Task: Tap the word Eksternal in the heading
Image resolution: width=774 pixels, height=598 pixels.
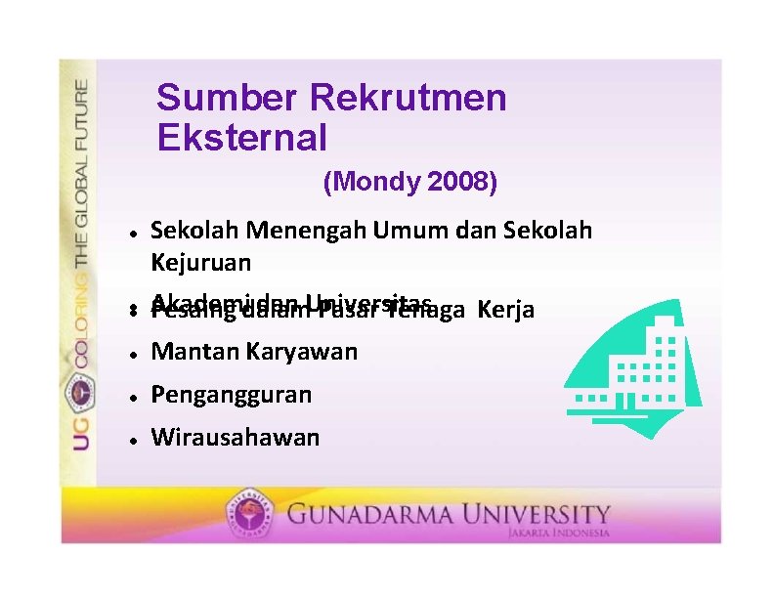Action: (241, 138)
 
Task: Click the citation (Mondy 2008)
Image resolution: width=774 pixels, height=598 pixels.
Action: (409, 182)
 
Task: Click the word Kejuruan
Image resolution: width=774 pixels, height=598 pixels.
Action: (200, 263)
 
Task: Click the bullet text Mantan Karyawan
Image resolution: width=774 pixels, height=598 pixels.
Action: (254, 352)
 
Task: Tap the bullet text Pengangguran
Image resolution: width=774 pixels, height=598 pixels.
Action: (232, 395)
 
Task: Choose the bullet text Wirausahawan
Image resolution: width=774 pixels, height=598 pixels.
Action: (235, 437)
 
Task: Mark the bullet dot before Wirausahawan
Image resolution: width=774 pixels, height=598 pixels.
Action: (131, 439)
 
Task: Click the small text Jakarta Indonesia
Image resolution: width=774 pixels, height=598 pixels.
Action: (558, 534)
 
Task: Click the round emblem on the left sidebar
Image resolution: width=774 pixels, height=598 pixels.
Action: (79, 392)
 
